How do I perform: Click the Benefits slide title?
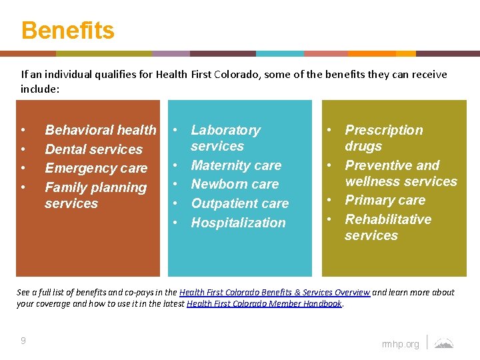coord(67,31)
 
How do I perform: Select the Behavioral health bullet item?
coord(100,130)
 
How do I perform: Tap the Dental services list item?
coord(93,149)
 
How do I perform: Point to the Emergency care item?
coord(95,169)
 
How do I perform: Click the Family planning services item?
coord(95,195)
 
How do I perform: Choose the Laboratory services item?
coord(225,138)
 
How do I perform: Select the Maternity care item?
coord(236,165)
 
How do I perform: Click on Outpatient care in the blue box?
coord(239,203)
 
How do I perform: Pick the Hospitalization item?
coord(238,223)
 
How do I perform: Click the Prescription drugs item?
coord(383,138)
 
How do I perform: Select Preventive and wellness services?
coord(401,173)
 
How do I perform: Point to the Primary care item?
coord(385,200)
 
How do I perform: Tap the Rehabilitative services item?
coord(387,227)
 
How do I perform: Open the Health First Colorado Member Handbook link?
coord(264,303)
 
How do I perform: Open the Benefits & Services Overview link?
coord(275,292)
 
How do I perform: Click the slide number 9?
coord(23,341)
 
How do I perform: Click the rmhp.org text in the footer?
coord(401,344)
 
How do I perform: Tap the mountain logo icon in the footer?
coord(443,343)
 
